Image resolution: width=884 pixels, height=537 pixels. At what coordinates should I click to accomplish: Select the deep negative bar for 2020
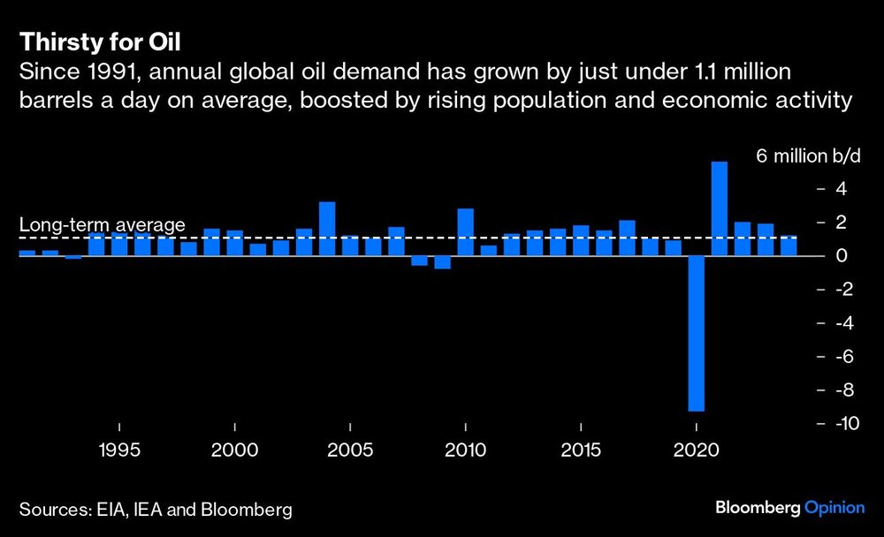(697, 333)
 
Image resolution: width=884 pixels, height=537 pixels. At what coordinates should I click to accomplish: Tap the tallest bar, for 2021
(720, 208)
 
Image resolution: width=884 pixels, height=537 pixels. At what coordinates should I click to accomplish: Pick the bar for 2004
(327, 229)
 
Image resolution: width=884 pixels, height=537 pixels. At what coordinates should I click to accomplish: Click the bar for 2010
(465, 232)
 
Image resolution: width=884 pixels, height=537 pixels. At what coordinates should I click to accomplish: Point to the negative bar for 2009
(442, 262)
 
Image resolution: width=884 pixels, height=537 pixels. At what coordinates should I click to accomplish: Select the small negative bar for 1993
(73, 258)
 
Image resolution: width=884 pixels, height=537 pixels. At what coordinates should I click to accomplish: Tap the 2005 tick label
(350, 450)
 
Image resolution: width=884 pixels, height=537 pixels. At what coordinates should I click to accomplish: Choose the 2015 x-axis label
(581, 450)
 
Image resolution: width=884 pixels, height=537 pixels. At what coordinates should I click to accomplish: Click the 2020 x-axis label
(697, 450)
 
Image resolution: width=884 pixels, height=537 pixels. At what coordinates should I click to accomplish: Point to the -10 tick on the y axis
(840, 424)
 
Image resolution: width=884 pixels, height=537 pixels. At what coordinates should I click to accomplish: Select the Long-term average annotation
(102, 225)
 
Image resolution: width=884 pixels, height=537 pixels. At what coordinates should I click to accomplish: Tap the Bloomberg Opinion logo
(790, 508)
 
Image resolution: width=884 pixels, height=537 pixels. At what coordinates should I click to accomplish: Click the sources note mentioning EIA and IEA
(156, 510)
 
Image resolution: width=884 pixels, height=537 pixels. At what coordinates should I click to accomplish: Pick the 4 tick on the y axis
(842, 189)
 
